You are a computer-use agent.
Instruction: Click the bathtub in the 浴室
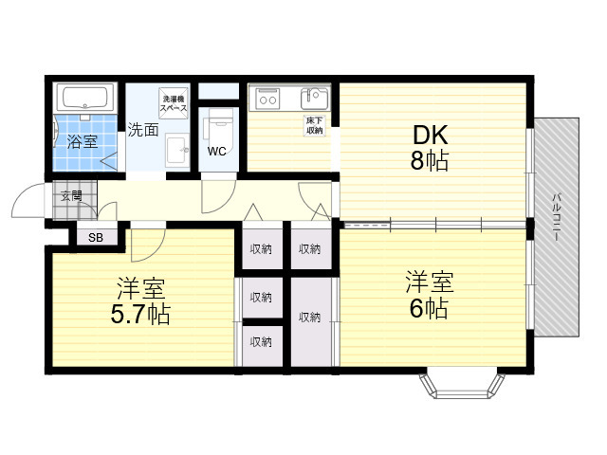tap(85, 98)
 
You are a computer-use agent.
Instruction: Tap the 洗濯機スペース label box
tap(174, 103)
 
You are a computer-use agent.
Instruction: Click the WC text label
tap(217, 152)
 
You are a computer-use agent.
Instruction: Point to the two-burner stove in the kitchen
tap(267, 100)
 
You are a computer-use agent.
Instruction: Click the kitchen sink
tap(314, 99)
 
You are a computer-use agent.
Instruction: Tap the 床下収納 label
tap(315, 126)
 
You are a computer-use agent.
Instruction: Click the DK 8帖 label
tap(430, 148)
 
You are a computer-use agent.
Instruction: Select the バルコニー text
tap(557, 217)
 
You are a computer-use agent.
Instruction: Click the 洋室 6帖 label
tap(430, 295)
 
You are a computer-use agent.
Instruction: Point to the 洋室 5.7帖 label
tap(140, 300)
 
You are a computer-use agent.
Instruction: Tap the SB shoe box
tap(96, 237)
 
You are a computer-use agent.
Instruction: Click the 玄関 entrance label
tap(72, 196)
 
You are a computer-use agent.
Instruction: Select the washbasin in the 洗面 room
tap(177, 150)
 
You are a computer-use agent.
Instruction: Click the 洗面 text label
tap(143, 130)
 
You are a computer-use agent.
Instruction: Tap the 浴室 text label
tap(83, 141)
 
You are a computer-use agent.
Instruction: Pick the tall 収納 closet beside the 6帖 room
tap(311, 322)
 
